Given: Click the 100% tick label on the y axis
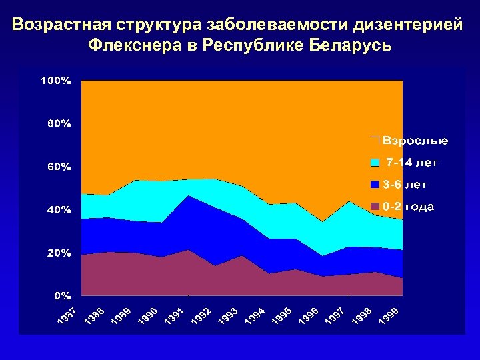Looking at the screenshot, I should [x=56, y=81].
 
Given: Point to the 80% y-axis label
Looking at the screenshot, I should [x=59, y=123].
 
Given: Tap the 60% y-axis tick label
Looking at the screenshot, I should [x=59, y=167].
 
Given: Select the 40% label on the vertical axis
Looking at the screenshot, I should [x=59, y=210].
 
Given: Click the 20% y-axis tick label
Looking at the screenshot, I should [x=59, y=253].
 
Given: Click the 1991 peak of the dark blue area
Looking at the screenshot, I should [x=189, y=196].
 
